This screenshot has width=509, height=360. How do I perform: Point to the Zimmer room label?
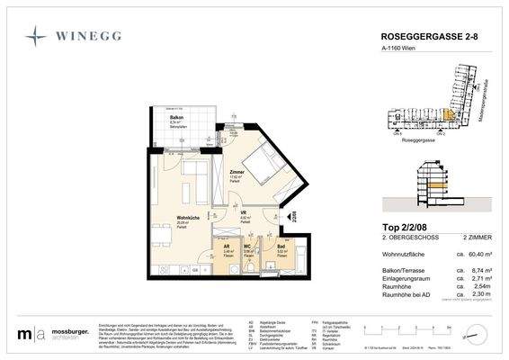237,173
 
